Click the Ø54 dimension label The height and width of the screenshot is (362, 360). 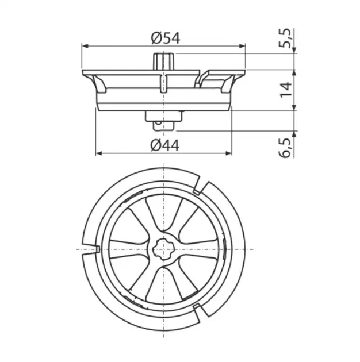[166, 38]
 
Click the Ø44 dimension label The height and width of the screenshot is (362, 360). [164, 146]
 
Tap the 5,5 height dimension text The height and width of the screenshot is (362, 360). [286, 38]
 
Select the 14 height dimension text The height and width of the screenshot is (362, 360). [286, 90]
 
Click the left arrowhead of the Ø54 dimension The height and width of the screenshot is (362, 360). [85, 46]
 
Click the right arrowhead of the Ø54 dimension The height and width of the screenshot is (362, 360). [242, 46]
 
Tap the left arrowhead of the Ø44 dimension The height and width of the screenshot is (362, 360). [99, 153]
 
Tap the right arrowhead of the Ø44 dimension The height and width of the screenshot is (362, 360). [228, 153]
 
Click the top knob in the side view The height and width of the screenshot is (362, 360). [164, 61]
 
